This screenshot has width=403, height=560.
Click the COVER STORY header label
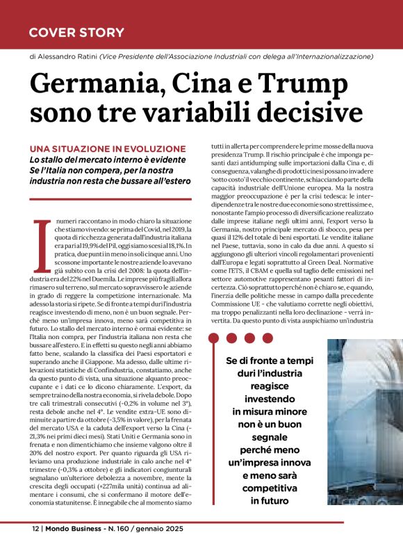[76, 32]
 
